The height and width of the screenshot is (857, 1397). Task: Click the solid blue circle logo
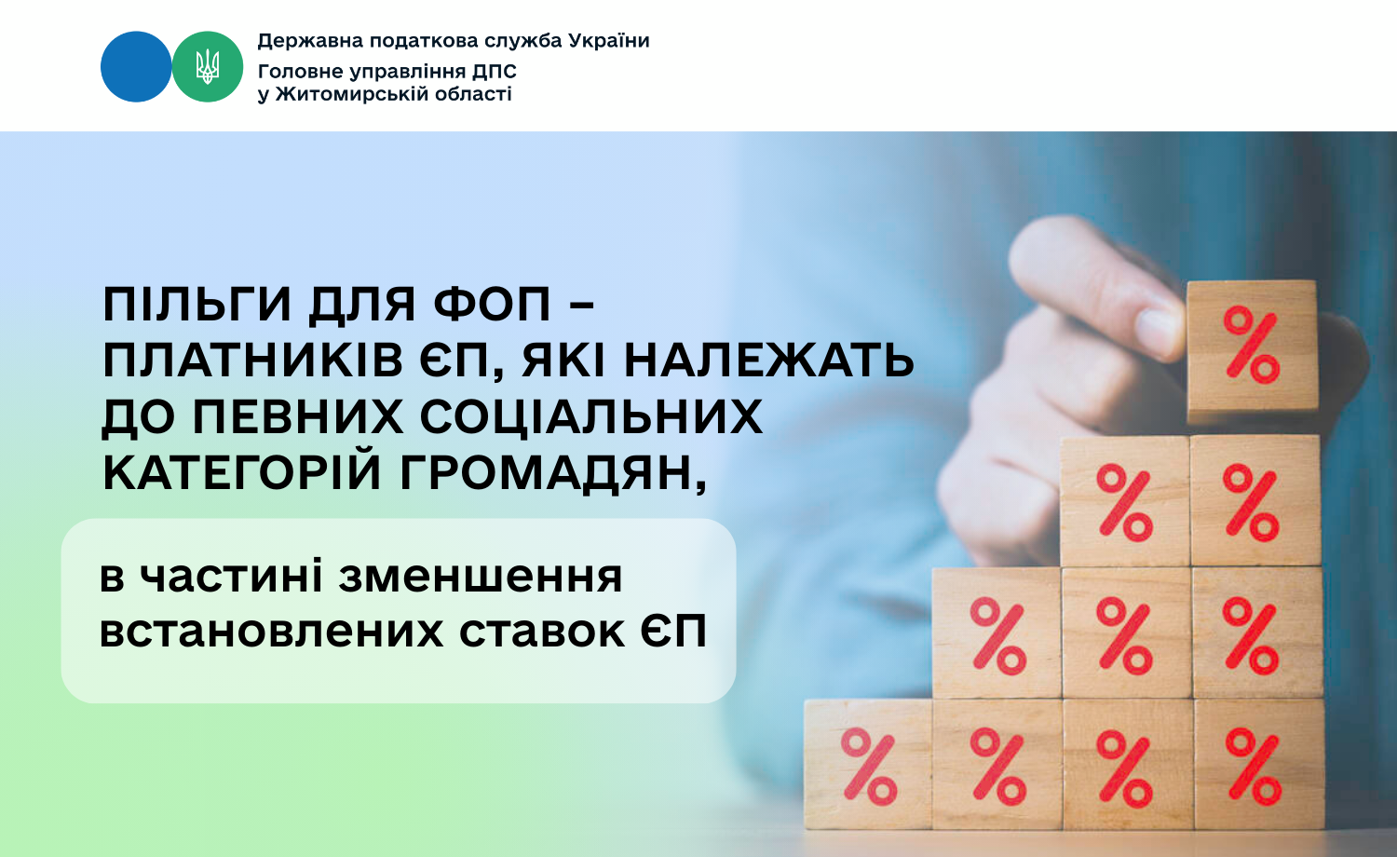(x=136, y=67)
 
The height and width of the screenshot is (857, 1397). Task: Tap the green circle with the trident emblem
(x=208, y=67)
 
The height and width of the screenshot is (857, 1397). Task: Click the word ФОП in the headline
(x=493, y=305)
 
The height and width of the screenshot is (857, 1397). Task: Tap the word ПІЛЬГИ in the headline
(x=197, y=305)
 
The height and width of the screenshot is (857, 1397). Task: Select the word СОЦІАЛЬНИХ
(x=591, y=416)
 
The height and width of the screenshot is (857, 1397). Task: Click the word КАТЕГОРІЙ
(x=242, y=471)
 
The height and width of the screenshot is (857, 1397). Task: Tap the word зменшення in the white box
(x=481, y=577)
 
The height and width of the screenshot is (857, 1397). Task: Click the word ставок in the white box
(x=542, y=633)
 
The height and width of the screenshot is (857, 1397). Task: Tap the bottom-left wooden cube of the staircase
(x=868, y=764)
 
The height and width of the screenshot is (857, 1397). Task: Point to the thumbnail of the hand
(x=1158, y=327)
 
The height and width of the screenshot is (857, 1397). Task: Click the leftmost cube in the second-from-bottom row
(x=997, y=633)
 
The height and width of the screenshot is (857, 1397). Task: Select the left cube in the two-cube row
(x=1125, y=501)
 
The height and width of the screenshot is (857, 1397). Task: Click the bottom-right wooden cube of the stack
(x=1259, y=764)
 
